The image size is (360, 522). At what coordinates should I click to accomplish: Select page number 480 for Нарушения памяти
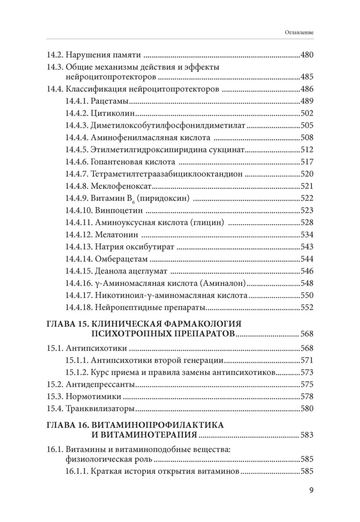coord(307,56)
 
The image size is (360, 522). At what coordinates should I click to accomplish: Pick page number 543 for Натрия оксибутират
coord(307,247)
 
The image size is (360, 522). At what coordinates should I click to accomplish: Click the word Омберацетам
coord(121,259)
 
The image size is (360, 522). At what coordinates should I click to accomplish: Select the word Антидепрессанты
coord(100,385)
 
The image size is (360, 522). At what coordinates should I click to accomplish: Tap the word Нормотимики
coord(93,397)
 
